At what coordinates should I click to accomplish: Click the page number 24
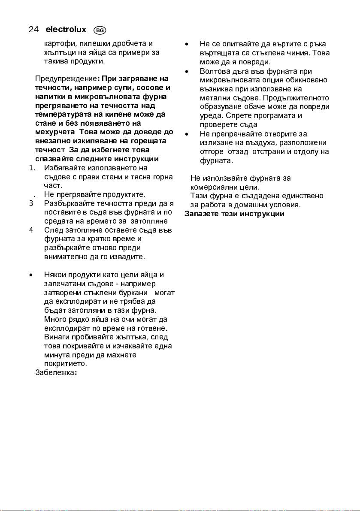tap(33, 30)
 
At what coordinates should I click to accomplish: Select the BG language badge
tap(99, 30)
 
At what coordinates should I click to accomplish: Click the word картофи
tap(57, 43)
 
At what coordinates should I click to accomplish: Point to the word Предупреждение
tap(66, 79)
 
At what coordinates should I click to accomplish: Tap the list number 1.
tap(32, 168)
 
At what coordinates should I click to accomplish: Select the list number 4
tap(31, 230)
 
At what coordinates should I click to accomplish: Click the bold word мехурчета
tap(53, 132)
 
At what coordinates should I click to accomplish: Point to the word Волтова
tap(213, 71)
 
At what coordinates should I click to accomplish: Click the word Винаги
tap(55, 337)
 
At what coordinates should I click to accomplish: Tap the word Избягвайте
tap(64, 168)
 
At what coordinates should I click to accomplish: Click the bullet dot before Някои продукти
tap(31, 275)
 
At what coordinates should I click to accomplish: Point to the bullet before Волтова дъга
tap(187, 71)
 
